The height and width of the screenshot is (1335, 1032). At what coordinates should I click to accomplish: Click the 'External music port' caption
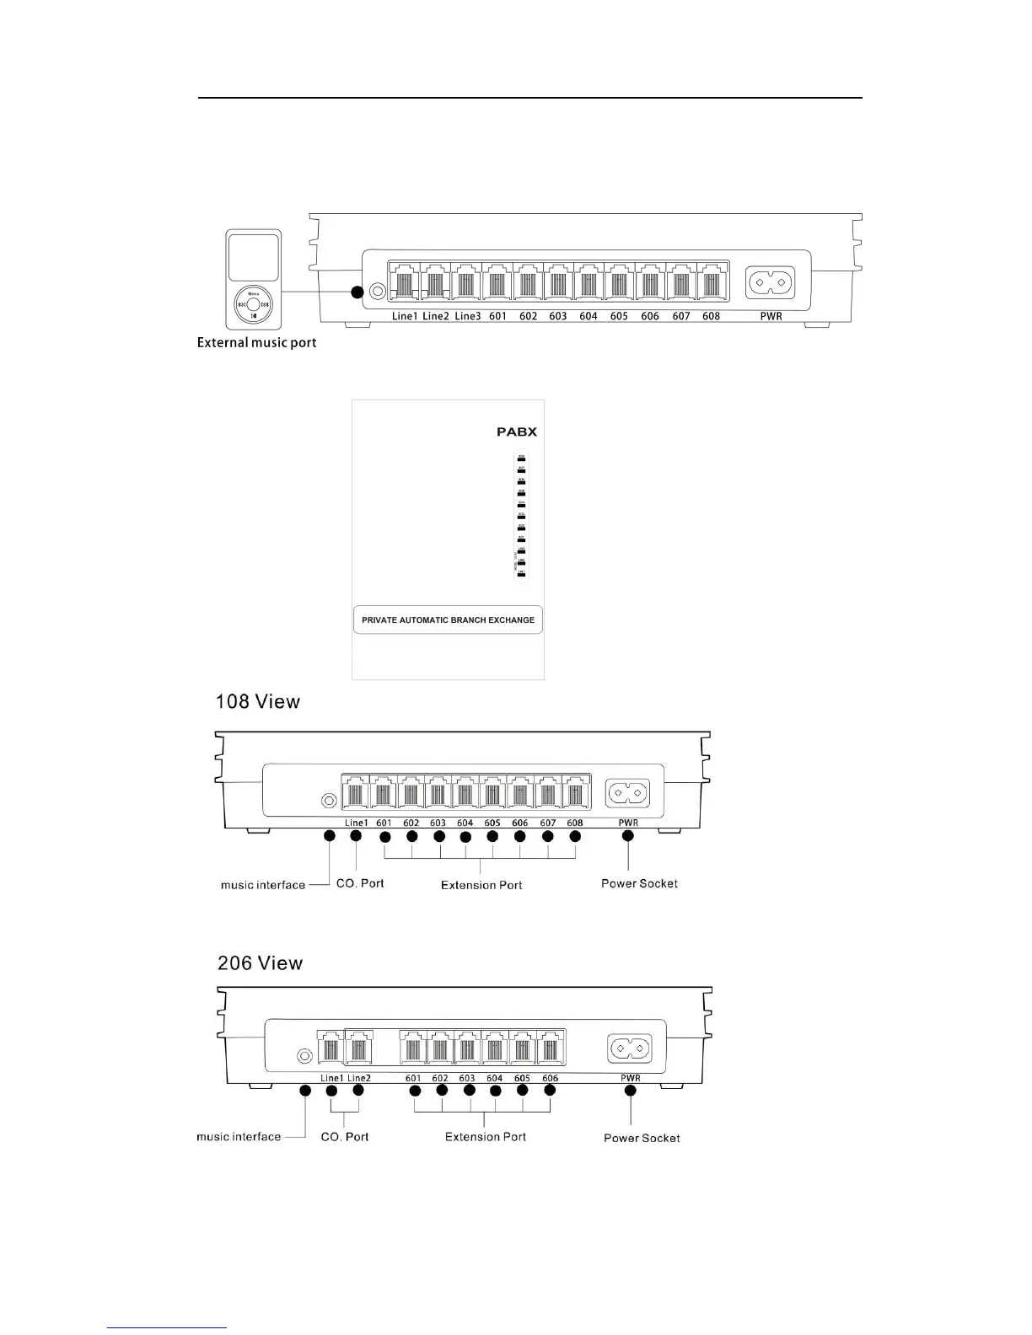256,342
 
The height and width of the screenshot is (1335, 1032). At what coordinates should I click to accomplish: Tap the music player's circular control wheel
254,304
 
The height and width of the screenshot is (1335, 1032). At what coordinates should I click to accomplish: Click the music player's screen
253,258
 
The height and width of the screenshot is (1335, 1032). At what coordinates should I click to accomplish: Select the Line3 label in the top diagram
467,316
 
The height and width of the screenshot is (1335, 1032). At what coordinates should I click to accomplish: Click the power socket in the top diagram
770,282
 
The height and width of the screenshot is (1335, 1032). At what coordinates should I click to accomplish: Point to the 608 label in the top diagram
711,316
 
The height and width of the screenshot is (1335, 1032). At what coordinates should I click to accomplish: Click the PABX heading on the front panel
516,432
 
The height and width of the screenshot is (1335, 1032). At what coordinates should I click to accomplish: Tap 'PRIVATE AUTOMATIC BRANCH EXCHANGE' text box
448,619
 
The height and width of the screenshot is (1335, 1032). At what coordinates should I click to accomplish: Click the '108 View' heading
257,701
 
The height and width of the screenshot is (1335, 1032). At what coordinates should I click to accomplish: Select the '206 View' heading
260,962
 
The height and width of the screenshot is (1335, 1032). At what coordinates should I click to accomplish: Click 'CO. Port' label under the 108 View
360,883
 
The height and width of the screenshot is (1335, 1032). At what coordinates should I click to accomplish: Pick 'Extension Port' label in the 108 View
481,885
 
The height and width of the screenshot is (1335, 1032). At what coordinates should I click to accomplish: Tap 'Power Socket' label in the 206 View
642,1138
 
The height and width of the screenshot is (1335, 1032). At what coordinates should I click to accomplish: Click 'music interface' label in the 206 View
239,1136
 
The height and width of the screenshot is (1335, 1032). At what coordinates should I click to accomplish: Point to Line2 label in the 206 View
358,1078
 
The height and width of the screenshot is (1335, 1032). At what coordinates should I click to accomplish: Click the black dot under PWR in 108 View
627,836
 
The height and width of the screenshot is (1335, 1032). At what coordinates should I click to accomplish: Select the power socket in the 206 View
630,1048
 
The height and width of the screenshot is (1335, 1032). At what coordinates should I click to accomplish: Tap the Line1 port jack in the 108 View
355,793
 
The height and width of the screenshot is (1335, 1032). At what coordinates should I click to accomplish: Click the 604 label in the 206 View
494,1078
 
